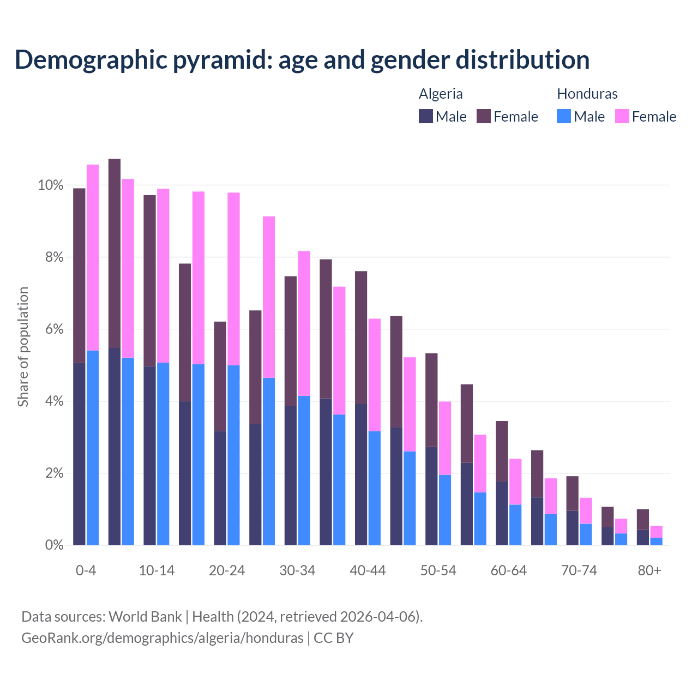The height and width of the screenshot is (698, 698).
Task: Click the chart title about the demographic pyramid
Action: pos(302,60)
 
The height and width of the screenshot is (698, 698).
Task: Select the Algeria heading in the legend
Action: pos(441,94)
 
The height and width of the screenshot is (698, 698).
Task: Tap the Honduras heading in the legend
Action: pos(587,94)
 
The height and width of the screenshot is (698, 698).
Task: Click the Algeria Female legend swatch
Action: pos(484,116)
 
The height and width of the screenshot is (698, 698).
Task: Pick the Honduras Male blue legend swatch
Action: pos(564,116)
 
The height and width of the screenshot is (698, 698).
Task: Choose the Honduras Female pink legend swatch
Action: pos(622,116)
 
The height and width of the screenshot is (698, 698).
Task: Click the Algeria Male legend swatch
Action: pos(426,116)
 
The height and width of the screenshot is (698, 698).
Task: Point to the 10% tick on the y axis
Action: pos(50,185)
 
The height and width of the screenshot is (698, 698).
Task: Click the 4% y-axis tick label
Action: pos(53,401)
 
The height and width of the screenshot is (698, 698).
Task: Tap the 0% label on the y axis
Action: pos(53,545)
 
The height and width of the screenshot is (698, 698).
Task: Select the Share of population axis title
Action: pos(23,347)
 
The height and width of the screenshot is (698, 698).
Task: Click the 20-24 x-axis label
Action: pos(227,570)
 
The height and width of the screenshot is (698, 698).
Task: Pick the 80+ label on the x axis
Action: pos(649,570)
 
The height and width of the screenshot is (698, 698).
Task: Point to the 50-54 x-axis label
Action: pos(438,570)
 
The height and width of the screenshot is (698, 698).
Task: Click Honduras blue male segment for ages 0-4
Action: pos(93,447)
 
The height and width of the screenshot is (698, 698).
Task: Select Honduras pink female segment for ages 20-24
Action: pos(233,278)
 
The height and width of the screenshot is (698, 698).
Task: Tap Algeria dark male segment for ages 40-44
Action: pos(361,474)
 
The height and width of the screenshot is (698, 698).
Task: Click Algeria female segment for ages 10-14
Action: pos(149,280)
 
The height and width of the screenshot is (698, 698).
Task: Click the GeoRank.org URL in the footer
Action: pos(162,637)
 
